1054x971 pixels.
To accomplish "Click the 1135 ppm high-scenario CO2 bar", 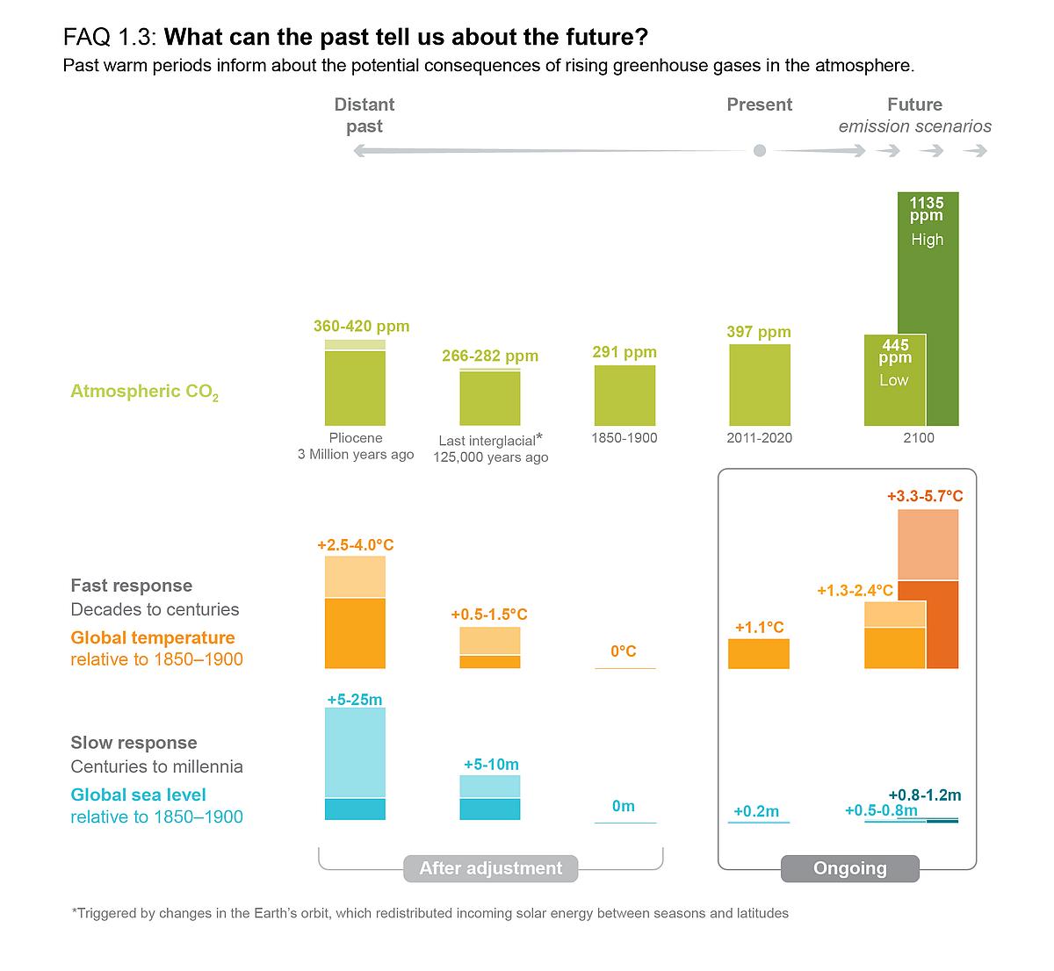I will tap(928, 307).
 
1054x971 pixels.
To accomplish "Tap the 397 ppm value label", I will tap(759, 332).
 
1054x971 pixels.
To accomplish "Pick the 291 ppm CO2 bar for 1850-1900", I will tap(624, 395).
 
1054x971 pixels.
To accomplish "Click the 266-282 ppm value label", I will tap(490, 356).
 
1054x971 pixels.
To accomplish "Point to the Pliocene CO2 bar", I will tap(355, 386).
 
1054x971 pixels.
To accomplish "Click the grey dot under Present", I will tap(760, 151).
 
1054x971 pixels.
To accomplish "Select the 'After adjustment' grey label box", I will tap(490, 868).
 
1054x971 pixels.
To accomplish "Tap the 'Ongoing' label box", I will tap(849, 868).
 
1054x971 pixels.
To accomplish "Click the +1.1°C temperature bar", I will tap(759, 654).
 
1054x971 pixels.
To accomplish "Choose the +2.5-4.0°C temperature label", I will tap(355, 545).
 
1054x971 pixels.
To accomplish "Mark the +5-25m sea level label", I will tap(355, 700).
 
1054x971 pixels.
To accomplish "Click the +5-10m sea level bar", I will tap(490, 798).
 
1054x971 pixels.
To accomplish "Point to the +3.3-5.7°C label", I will tap(925, 496).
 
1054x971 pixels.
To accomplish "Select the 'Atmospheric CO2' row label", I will tap(144, 392).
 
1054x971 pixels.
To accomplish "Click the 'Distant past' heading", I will tap(365, 115).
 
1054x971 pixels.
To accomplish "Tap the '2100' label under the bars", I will tap(919, 437).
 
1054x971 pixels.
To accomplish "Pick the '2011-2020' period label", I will tap(759, 437).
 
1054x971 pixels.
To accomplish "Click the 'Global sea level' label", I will tap(138, 795).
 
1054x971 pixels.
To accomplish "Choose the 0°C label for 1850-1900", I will tap(624, 651).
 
